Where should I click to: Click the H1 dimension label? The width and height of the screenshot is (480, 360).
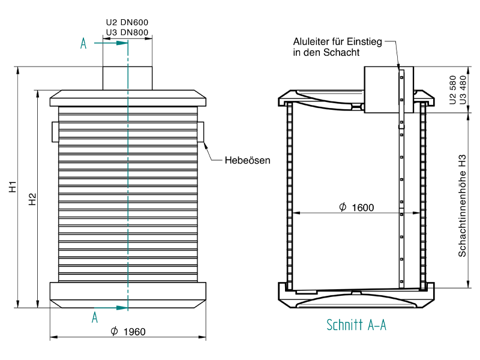13,187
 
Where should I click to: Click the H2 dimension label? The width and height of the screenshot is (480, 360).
32,199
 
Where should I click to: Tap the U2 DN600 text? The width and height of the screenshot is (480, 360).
127,22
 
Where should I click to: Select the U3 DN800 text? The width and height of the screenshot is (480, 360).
127,32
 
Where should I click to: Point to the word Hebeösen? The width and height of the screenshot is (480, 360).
247,160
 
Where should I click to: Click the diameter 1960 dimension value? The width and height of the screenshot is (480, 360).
128,332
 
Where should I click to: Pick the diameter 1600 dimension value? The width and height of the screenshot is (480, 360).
356,208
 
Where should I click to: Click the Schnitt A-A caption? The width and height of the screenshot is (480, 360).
356,325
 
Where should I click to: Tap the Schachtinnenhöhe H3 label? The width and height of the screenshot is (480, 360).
462,206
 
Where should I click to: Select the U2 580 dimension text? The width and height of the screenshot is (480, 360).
452,90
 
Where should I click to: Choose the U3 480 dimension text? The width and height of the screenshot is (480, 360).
463,90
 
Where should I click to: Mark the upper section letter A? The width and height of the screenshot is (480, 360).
83,43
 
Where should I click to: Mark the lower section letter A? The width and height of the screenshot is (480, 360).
95,317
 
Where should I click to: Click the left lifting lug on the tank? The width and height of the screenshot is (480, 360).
55,132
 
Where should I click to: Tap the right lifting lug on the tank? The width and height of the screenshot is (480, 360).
200,132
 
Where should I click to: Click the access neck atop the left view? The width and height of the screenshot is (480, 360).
127,79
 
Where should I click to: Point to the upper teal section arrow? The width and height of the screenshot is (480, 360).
111,43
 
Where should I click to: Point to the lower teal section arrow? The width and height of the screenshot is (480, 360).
111,308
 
